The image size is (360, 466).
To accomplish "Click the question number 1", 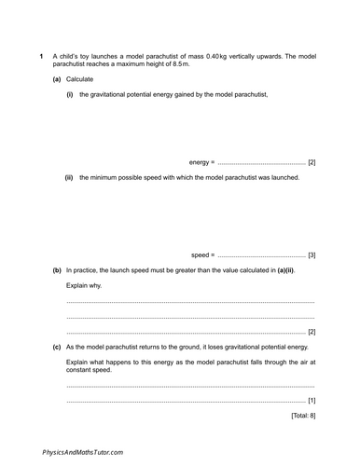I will (41, 57).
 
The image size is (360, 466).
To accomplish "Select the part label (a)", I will (57, 80).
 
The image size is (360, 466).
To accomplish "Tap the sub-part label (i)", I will (69, 94).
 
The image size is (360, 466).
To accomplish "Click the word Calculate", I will (81, 80).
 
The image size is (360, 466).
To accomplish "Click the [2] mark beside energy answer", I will (311, 162).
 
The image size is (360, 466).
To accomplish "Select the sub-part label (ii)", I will (69, 177).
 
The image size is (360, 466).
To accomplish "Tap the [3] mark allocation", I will (311, 254).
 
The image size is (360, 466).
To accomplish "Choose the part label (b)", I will (57, 270).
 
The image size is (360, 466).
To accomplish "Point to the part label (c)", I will (57, 346).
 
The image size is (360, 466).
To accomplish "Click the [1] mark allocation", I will (311, 400).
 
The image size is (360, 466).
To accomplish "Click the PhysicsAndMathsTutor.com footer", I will (82, 451).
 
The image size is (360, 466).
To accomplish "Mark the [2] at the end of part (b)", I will (311, 331).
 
